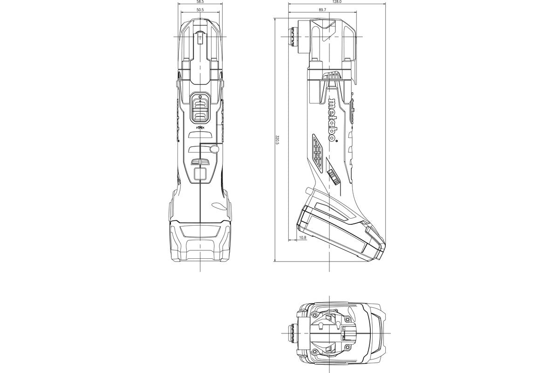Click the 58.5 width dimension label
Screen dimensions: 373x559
click(x=200, y=2)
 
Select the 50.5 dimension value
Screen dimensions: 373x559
click(x=200, y=10)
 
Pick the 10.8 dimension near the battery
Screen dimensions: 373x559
click(x=302, y=238)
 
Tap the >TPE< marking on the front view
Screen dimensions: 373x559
click(x=200, y=127)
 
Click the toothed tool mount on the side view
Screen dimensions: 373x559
click(x=293, y=37)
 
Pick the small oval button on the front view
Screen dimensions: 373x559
click(x=214, y=148)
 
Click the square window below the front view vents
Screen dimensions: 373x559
click(x=200, y=175)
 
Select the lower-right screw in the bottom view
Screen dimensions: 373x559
click(x=347, y=350)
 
